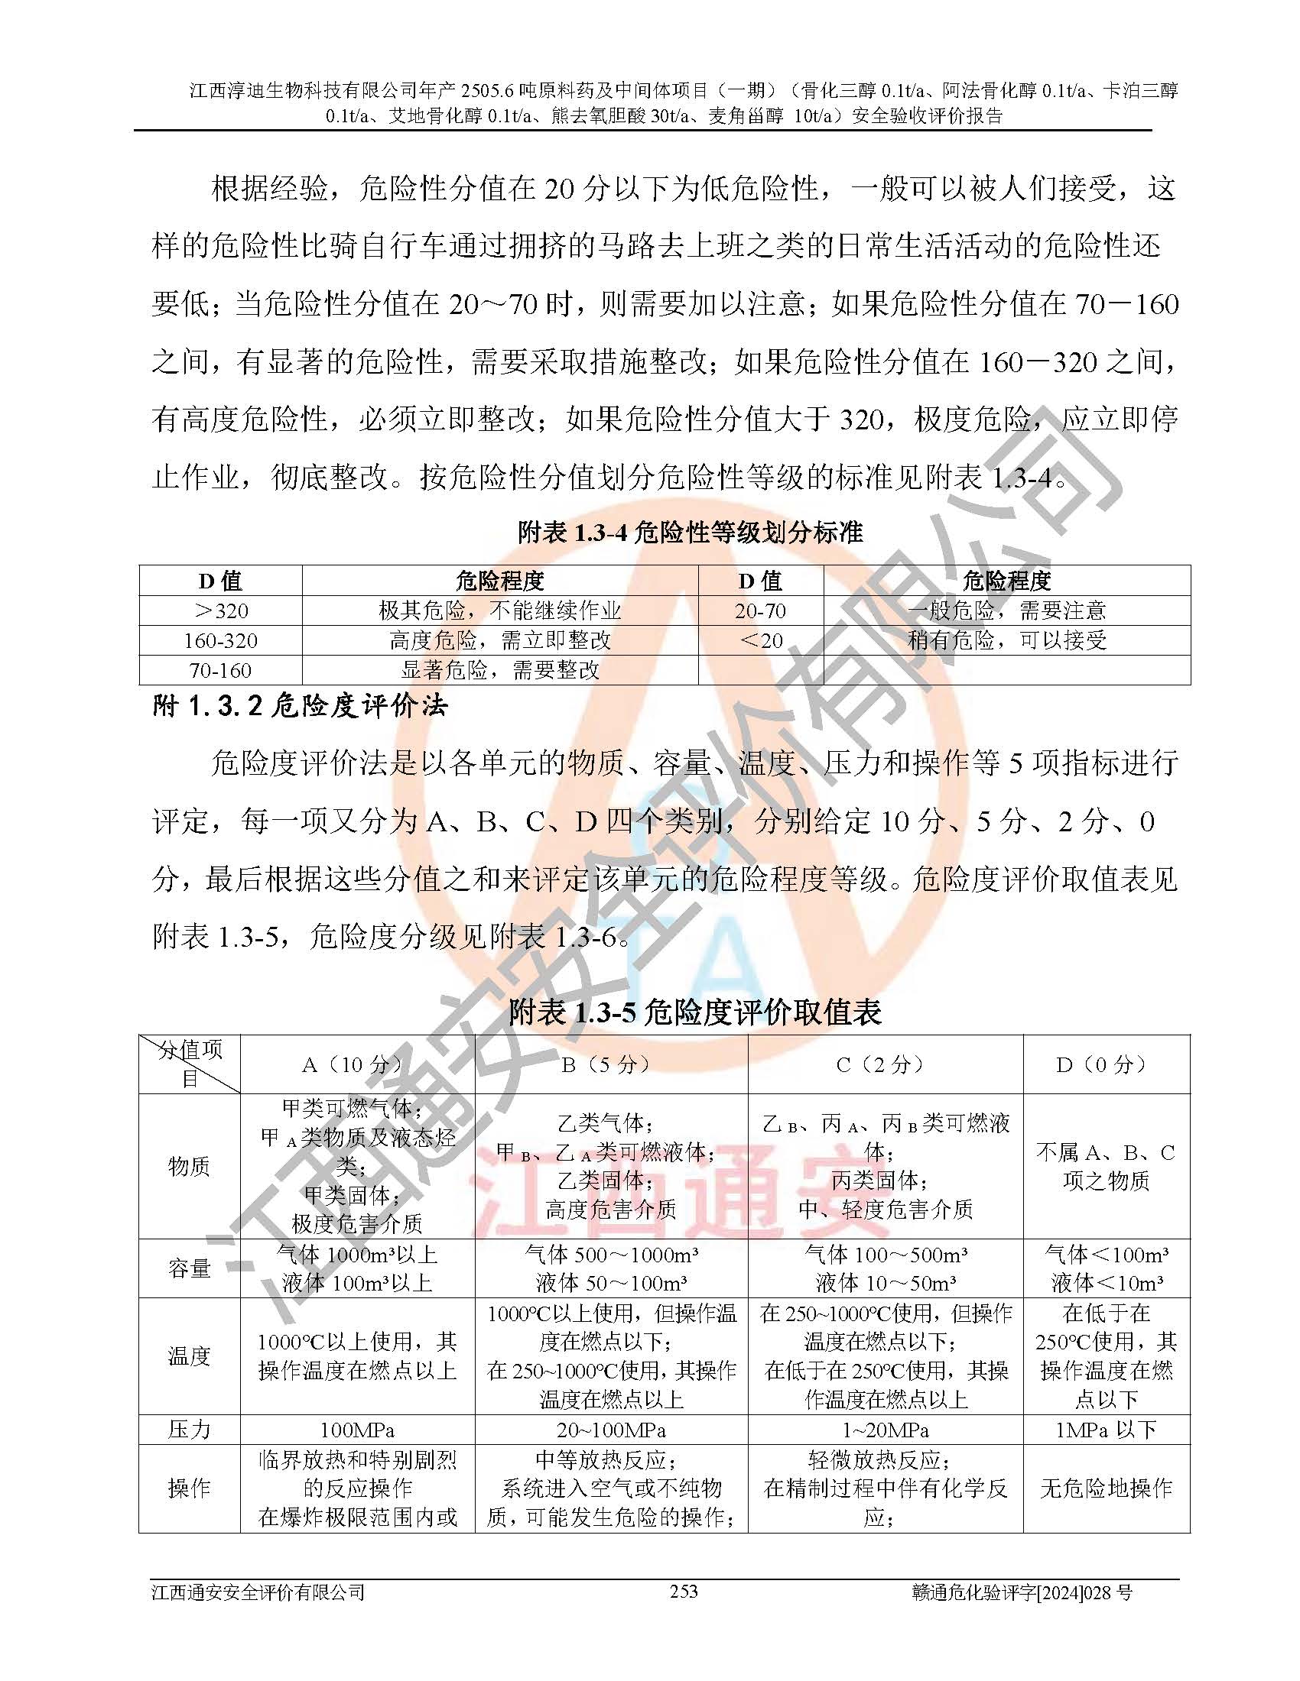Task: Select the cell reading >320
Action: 220,611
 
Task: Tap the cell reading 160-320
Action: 220,640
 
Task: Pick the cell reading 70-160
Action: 220,670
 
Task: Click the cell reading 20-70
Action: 760,611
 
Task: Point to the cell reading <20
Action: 760,640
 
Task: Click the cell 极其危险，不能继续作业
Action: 500,611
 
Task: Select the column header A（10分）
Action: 356,1064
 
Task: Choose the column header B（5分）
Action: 611,1064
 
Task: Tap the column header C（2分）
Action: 885,1064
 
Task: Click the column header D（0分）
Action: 1106,1064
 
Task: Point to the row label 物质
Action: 189,1166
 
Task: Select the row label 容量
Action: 189,1268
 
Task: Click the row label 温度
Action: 189,1355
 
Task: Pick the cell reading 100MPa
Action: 356,1430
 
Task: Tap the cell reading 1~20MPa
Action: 885,1430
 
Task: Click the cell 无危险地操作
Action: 1106,1488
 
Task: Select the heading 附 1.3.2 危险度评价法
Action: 301,706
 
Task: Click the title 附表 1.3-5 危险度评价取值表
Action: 694,1012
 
